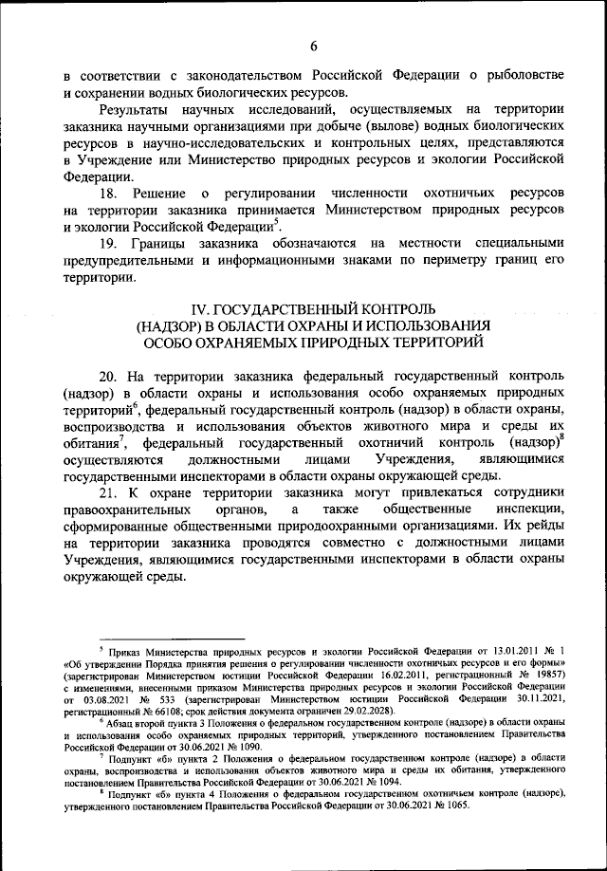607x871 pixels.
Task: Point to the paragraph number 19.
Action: click(109, 242)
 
